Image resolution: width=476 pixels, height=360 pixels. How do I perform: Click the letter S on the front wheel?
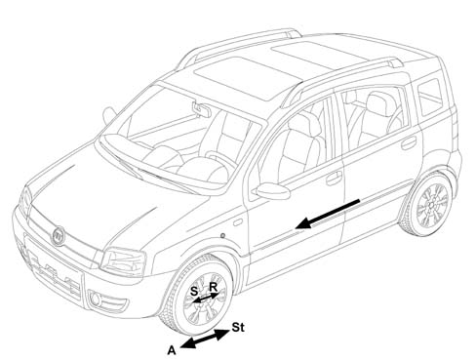(x=194, y=291)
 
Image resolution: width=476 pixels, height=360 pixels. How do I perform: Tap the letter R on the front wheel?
(x=213, y=287)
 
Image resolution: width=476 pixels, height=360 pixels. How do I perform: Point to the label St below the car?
(x=238, y=328)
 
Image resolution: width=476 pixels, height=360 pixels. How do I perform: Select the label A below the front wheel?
(x=172, y=350)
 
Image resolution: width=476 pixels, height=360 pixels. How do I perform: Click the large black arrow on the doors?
(x=328, y=215)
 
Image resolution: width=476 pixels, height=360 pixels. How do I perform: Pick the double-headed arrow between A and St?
(x=205, y=339)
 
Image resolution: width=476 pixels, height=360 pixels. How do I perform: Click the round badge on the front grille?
(x=59, y=236)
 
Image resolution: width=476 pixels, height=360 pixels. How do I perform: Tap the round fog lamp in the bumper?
(x=96, y=300)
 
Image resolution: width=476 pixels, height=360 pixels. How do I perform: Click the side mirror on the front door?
(x=272, y=191)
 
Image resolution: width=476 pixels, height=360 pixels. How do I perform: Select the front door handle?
(x=335, y=178)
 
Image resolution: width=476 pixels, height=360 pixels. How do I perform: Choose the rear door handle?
(x=409, y=142)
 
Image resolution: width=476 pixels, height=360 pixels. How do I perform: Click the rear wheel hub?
(x=431, y=205)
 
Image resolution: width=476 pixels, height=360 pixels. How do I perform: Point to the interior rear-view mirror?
(x=201, y=109)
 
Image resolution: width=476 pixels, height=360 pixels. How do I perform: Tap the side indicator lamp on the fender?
(x=238, y=222)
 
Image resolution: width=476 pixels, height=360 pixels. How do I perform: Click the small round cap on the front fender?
(x=222, y=235)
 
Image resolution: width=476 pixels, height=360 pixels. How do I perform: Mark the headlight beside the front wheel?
(x=123, y=262)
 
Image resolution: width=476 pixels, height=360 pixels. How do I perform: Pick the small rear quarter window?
(x=430, y=98)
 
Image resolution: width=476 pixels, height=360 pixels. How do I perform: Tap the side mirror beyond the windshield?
(x=109, y=115)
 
